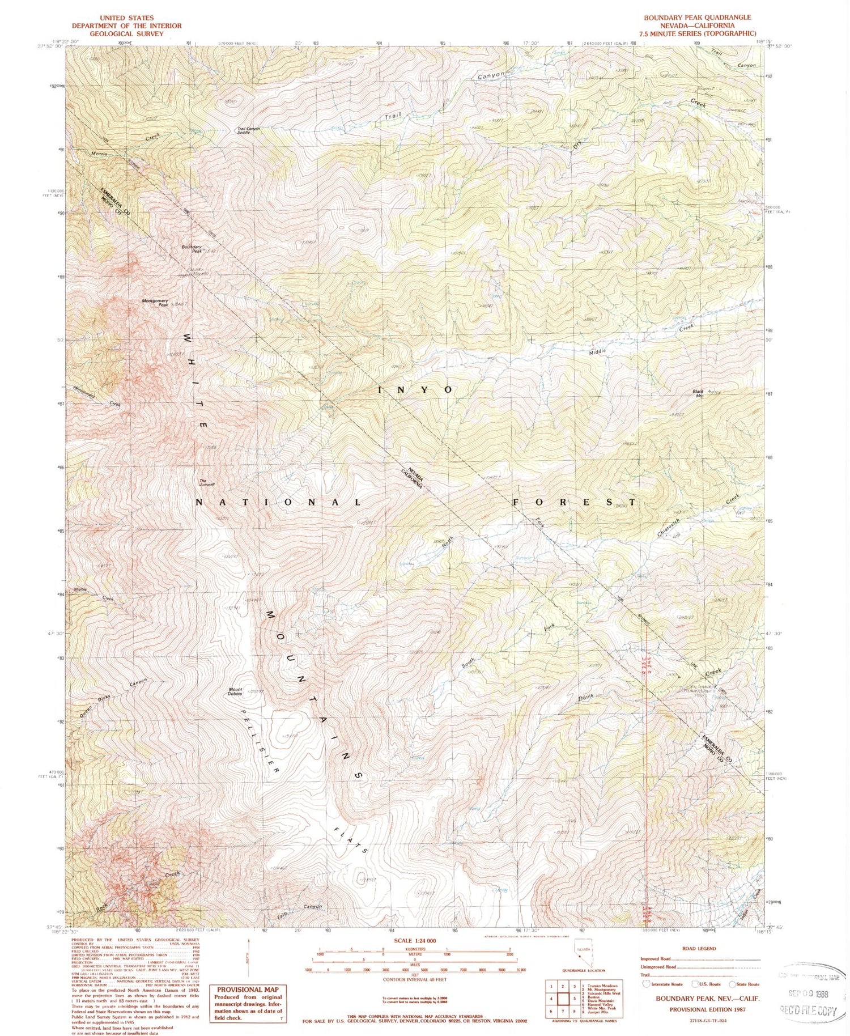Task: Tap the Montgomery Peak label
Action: (x=155, y=303)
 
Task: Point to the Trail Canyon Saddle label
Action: (x=248, y=130)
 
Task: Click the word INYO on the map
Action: (x=415, y=390)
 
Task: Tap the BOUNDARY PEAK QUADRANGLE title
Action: (x=697, y=18)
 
